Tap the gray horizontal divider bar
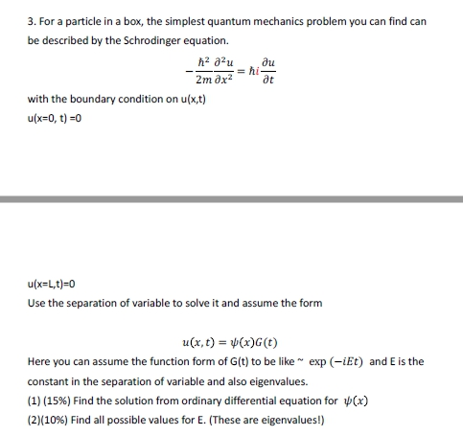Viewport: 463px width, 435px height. point(231,199)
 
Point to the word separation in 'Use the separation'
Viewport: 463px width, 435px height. point(101,303)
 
